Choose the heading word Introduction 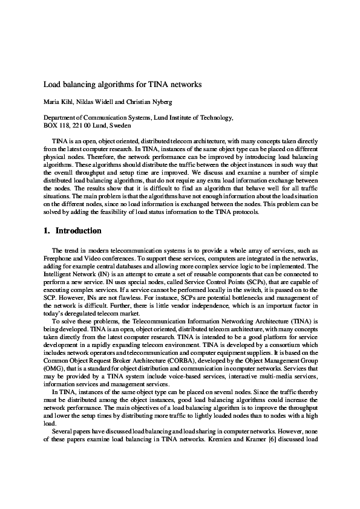click(79, 231)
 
